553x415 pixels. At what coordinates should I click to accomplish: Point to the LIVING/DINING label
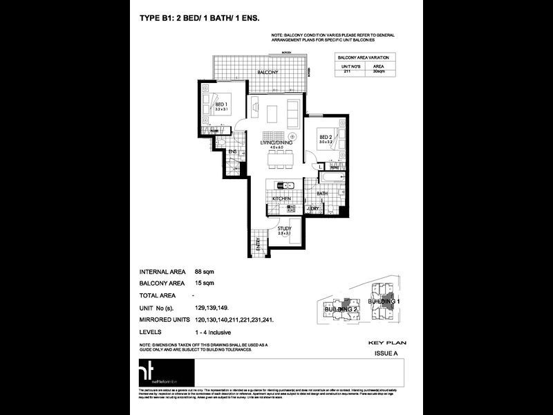point(276,142)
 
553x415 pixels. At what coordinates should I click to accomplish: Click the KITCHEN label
point(281,199)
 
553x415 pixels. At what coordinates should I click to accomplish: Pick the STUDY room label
point(284,228)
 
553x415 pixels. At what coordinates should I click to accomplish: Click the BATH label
point(322,194)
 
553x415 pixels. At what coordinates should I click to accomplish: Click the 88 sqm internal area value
point(204,272)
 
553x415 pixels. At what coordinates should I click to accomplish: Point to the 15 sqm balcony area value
point(204,283)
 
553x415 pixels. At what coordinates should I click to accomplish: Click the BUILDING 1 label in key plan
point(384,303)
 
